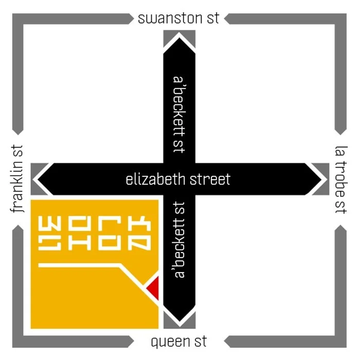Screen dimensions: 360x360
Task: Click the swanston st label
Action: pos(178,19)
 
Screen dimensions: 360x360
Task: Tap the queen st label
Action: pos(179,341)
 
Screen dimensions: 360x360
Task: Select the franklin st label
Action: pos(19,179)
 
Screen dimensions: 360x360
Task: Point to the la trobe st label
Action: pos(340,179)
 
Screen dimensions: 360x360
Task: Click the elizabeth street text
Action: pos(178,179)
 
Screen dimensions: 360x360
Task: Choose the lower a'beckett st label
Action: pos(179,241)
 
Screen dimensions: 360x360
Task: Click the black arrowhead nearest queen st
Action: pos(179,319)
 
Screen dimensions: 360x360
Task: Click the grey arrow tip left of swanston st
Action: pos(131,19)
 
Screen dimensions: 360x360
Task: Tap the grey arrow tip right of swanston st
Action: pos(227,19)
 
